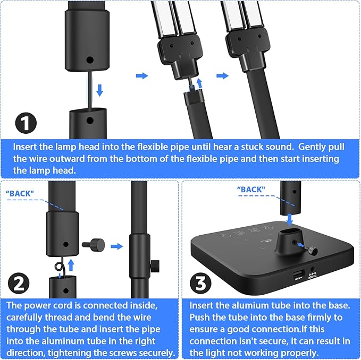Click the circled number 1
point(26,123)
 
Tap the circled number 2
point(19,283)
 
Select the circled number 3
point(201,283)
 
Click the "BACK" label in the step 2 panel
point(20,194)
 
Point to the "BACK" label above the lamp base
point(251,190)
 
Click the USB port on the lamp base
point(299,275)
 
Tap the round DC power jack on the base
point(313,269)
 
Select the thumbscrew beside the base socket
point(311,250)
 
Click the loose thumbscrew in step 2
point(94,245)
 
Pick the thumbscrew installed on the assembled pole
point(155,266)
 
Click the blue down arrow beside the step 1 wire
point(100,90)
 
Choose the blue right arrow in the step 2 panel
point(117,246)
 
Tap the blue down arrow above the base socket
point(289,220)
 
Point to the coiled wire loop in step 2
point(59,267)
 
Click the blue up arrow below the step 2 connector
point(71,265)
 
